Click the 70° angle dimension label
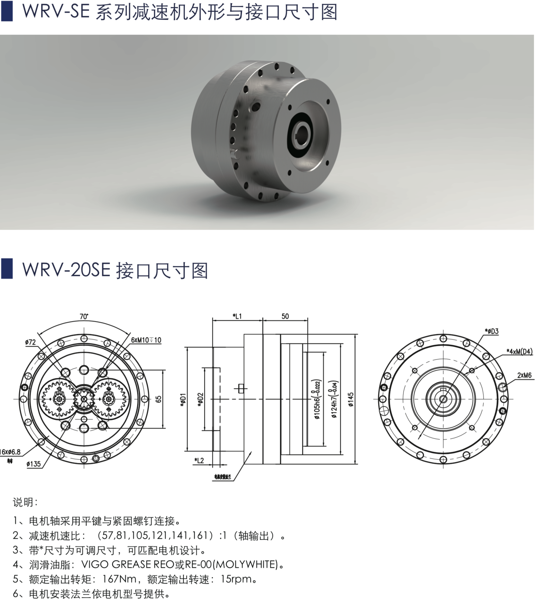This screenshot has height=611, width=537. [84, 316]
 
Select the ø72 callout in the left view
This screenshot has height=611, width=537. [30, 342]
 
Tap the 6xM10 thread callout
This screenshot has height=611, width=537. [146, 340]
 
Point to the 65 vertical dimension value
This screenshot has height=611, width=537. [158, 399]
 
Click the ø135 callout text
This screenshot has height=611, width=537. [34, 464]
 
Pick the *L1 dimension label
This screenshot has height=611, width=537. [237, 316]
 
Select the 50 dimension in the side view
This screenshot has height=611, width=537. [285, 316]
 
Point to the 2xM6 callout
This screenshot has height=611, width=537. [524, 375]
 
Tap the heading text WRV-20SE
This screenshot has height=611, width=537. [66, 270]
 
